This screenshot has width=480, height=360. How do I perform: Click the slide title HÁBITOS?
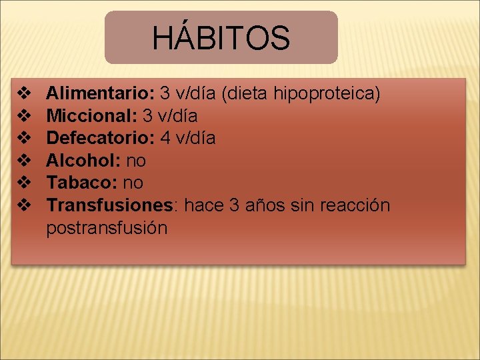click(221, 38)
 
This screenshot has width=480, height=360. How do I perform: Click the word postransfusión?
click(107, 228)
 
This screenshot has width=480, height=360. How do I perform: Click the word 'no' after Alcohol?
click(135, 161)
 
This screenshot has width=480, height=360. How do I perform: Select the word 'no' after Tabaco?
click(133, 183)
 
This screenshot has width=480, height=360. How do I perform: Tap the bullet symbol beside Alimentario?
click(24, 93)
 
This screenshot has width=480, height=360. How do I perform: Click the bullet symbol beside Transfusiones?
click(24, 205)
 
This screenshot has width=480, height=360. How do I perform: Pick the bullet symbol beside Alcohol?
click(24, 161)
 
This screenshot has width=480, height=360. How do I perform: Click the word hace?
click(204, 205)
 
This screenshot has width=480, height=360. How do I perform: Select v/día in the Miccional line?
click(178, 116)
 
